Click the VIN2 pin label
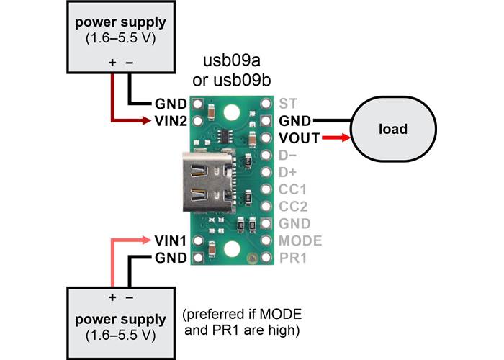point(170,120)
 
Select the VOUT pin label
point(296,138)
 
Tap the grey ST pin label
point(287,103)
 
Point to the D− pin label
point(289,155)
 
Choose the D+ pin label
point(289,172)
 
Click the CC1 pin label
point(292,189)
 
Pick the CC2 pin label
point(292,206)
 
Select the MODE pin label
point(300,240)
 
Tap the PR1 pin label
point(292,257)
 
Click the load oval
point(393,130)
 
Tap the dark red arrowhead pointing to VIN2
point(146,120)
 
